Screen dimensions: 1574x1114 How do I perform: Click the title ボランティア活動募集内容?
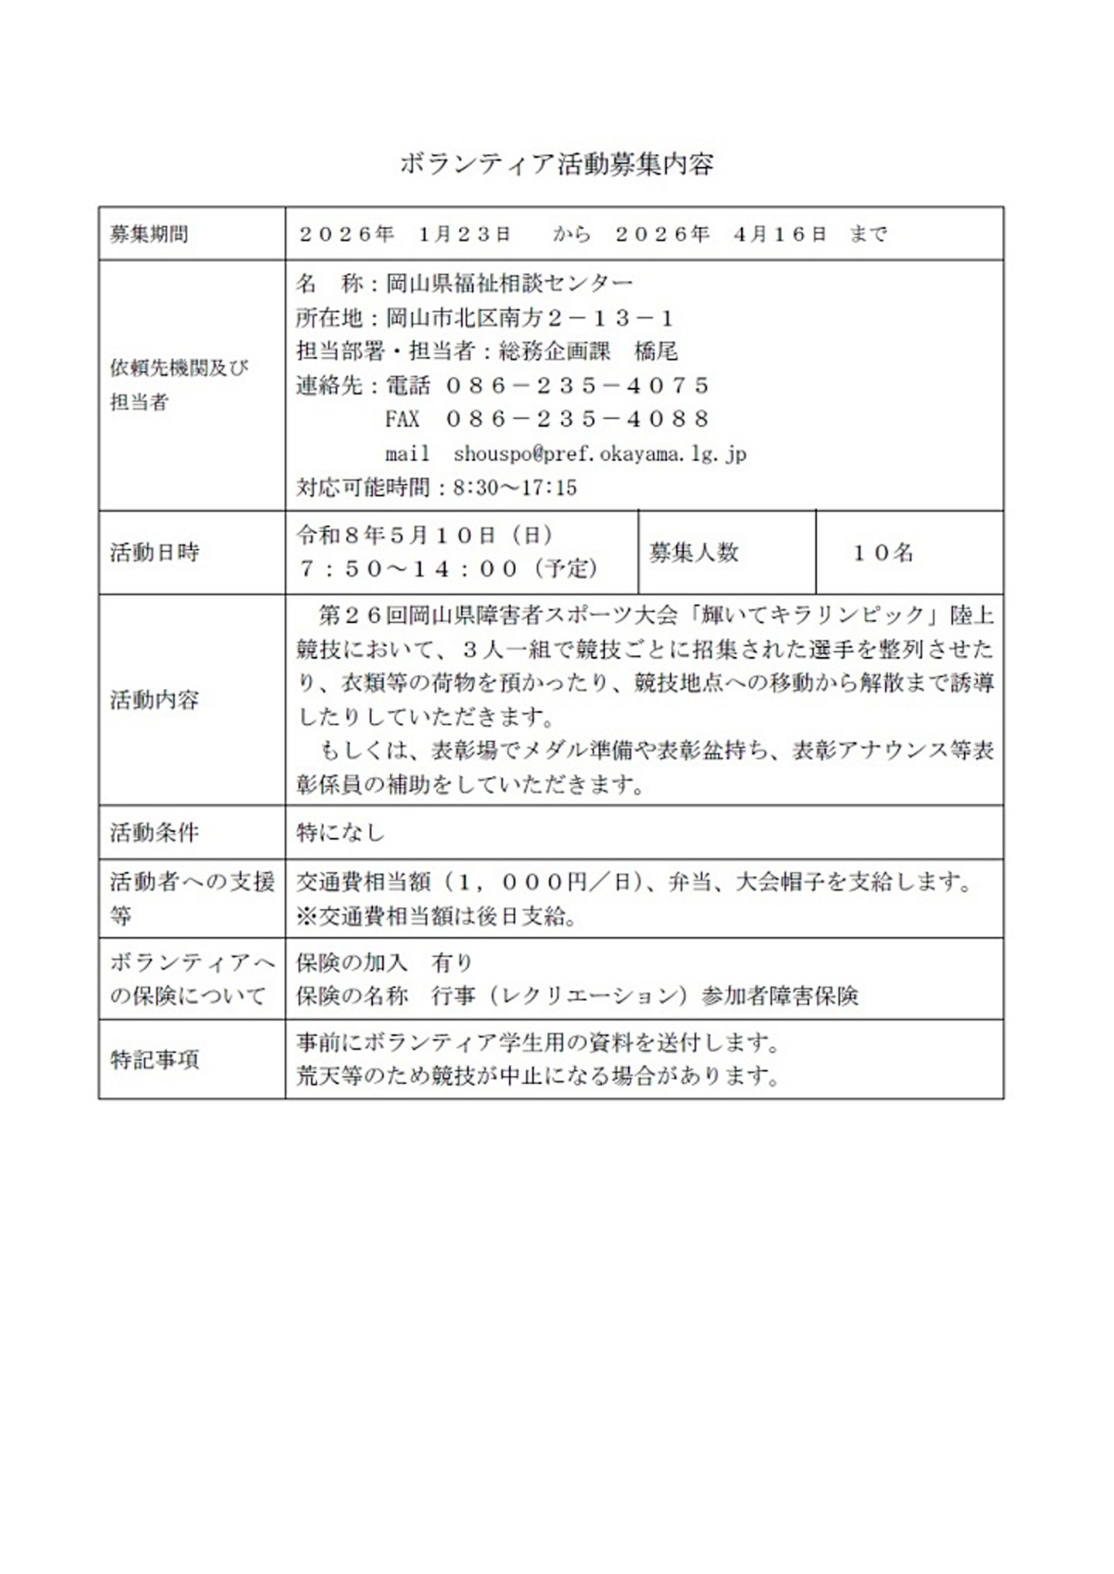click(x=556, y=164)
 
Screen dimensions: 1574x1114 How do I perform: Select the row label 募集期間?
click(x=149, y=234)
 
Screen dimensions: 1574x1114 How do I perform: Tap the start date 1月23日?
click(x=464, y=234)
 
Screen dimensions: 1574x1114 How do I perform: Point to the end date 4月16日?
click(x=780, y=234)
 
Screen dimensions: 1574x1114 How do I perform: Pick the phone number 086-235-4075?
click(x=577, y=385)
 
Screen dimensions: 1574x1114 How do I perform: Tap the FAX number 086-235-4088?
click(x=577, y=419)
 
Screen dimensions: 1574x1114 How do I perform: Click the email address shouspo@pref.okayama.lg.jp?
click(x=600, y=454)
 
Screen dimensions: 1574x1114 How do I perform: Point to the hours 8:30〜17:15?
click(x=515, y=488)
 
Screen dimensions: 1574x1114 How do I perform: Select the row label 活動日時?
click(x=155, y=552)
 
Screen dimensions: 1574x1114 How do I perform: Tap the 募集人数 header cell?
click(x=694, y=553)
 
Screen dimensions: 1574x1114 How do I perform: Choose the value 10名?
click(x=883, y=553)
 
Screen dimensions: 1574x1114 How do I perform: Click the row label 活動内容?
click(x=155, y=700)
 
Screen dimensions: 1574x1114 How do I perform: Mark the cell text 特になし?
click(x=340, y=833)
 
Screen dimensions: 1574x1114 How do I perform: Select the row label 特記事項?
click(x=155, y=1059)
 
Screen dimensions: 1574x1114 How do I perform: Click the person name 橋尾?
click(x=656, y=352)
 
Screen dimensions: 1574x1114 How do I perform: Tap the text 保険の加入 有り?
click(x=384, y=962)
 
